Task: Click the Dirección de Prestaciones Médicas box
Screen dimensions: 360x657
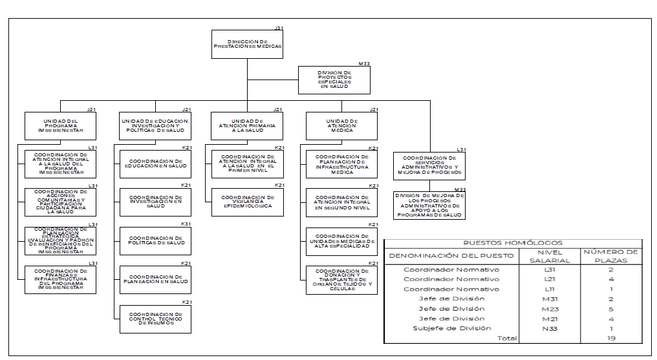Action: click(x=248, y=45)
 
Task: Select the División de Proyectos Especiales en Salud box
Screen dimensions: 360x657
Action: click(x=334, y=80)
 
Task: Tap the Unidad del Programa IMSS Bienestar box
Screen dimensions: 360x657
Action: click(x=60, y=125)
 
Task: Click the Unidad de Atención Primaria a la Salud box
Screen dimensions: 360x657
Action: click(x=247, y=125)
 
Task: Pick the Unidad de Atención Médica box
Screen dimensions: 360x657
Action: click(x=341, y=125)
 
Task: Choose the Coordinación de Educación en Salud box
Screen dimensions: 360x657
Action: click(x=155, y=164)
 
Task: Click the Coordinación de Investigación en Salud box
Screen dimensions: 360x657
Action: click(x=155, y=203)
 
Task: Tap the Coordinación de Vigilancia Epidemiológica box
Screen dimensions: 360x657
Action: click(x=248, y=202)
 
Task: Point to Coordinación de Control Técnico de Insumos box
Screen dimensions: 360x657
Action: click(x=155, y=319)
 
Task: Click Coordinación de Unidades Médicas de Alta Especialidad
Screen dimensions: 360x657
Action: click(x=341, y=242)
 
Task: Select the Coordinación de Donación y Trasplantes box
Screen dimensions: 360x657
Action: click(x=341, y=281)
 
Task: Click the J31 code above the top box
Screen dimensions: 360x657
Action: click(x=279, y=28)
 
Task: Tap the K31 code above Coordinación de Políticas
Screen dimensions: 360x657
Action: click(x=186, y=224)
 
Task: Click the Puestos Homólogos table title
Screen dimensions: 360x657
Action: click(x=513, y=243)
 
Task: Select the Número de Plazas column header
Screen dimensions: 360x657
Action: click(x=610, y=256)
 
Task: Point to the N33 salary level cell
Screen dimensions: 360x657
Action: click(x=549, y=328)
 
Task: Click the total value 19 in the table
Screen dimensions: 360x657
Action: click(x=610, y=338)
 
